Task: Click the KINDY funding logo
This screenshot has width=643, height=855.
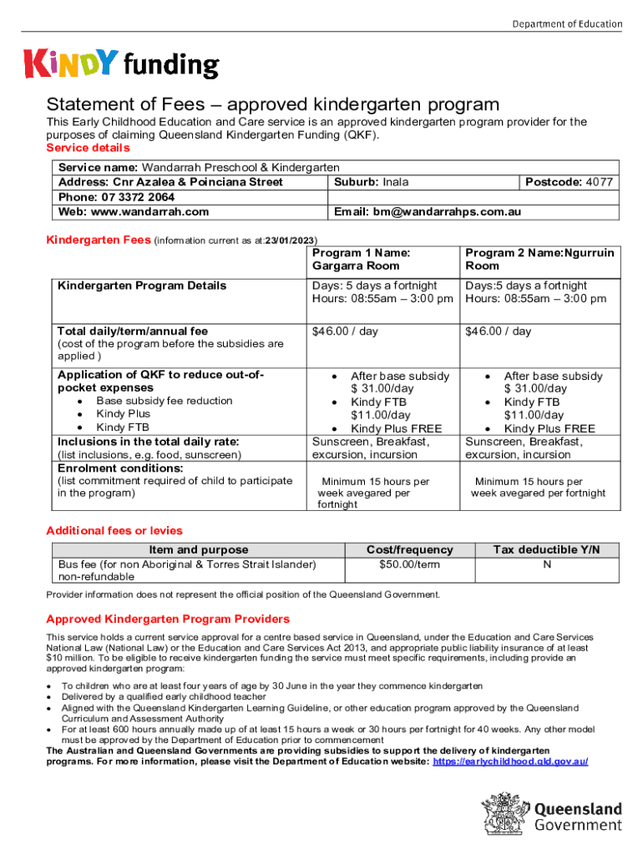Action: click(122, 63)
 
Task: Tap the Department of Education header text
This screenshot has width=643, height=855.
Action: click(567, 23)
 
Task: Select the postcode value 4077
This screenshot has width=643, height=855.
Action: click(599, 182)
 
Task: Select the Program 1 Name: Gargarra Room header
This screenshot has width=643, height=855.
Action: click(363, 259)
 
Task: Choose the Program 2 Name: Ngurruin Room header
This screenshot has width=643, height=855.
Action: click(539, 259)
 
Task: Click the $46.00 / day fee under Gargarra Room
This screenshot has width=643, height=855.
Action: click(345, 331)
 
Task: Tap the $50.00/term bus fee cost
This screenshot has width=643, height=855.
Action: click(409, 565)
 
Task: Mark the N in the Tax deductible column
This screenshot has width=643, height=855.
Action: click(546, 565)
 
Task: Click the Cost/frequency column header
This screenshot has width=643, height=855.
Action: click(410, 549)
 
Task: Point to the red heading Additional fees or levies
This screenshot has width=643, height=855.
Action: click(114, 531)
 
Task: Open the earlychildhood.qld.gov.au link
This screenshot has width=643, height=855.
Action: click(511, 762)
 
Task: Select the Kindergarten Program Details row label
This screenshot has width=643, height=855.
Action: click(142, 286)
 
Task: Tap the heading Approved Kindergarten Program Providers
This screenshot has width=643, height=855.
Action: click(168, 619)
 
